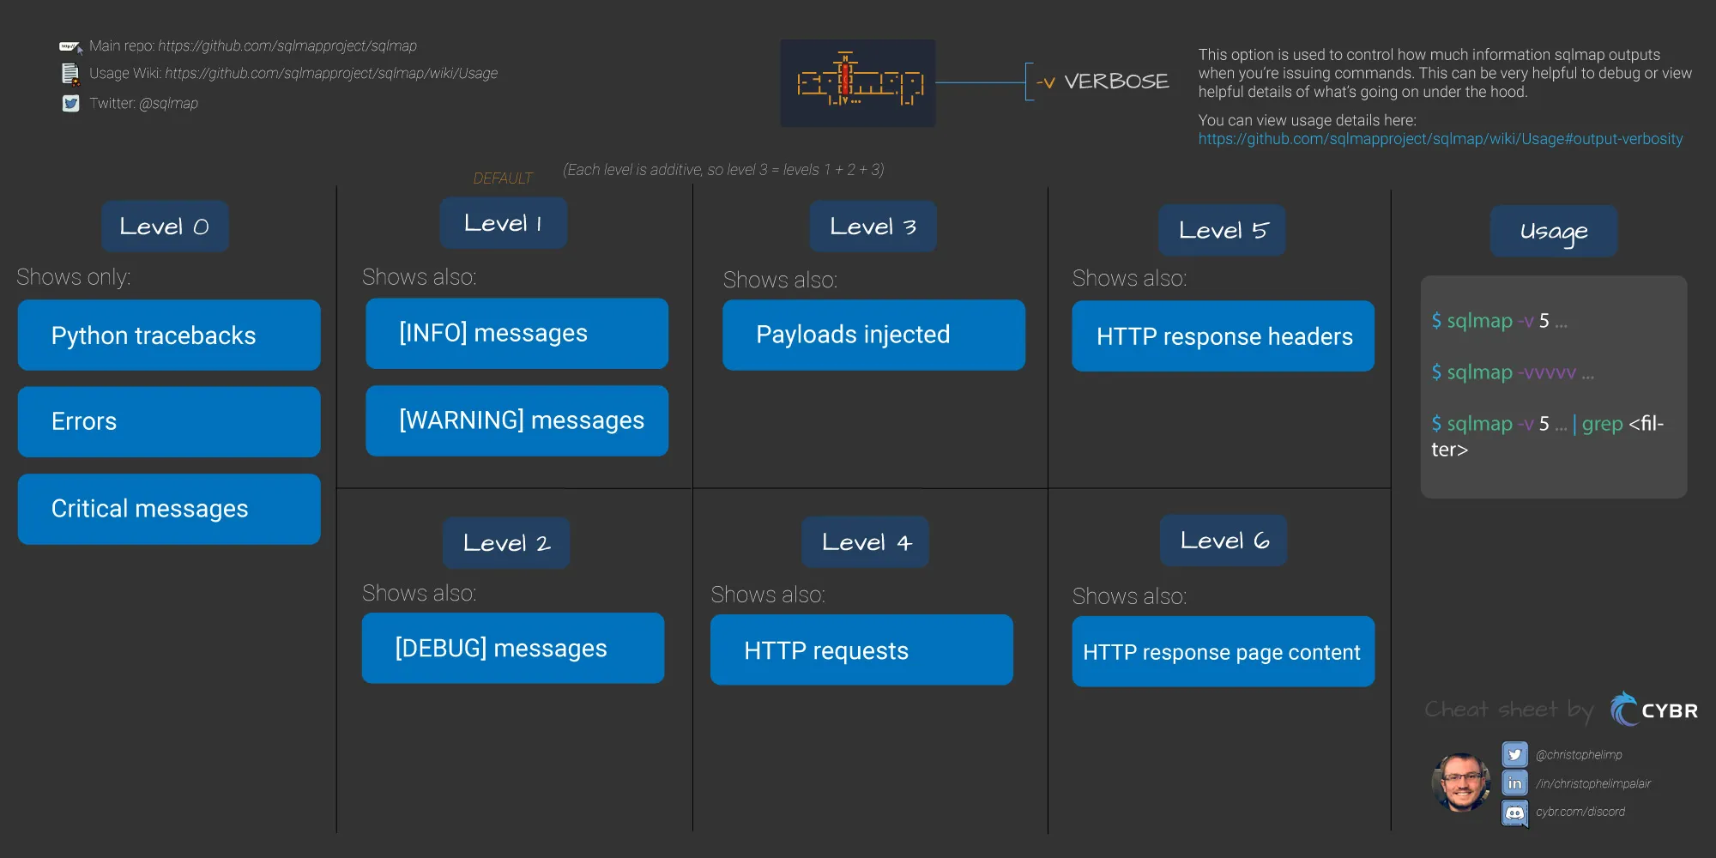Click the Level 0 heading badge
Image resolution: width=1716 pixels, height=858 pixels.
(x=165, y=227)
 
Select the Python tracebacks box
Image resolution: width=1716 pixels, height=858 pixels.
(x=169, y=335)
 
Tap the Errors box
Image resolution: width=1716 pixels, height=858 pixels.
(x=169, y=421)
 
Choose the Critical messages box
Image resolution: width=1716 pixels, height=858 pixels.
(x=169, y=509)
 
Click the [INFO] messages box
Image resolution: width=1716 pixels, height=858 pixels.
(x=517, y=333)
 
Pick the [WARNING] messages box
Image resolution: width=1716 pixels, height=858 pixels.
(x=517, y=420)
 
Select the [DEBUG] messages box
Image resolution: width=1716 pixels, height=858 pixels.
(x=513, y=648)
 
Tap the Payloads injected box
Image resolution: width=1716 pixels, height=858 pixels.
(x=873, y=335)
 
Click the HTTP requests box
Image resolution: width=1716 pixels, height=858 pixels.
(x=861, y=650)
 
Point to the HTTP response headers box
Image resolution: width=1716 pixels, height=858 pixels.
(x=1223, y=335)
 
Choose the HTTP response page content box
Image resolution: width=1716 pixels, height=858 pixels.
(x=1223, y=651)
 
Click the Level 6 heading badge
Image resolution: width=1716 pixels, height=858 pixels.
(x=1224, y=541)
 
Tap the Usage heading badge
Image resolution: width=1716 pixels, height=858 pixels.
(x=1554, y=231)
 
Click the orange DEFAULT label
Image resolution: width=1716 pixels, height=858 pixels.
(x=503, y=178)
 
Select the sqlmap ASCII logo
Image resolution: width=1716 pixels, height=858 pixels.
(x=858, y=82)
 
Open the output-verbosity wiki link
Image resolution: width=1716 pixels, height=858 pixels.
(x=1441, y=139)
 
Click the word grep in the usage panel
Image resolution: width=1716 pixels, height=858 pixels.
(x=1603, y=424)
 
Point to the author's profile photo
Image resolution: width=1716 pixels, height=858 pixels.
(x=1461, y=782)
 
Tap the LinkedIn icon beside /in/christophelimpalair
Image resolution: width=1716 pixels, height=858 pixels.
(x=1515, y=783)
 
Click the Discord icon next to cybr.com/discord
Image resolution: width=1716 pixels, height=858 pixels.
(x=1515, y=813)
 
